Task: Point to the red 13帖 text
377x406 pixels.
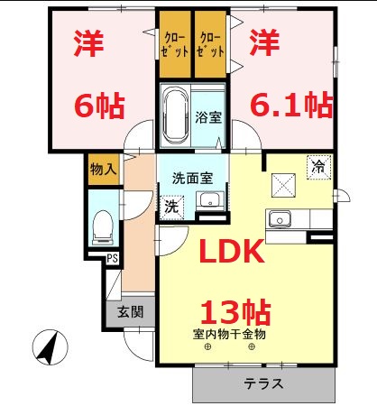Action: (x=233, y=311)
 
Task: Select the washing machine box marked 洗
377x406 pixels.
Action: (x=170, y=206)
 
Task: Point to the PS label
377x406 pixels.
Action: (x=113, y=260)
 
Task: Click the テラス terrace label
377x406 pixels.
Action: (x=263, y=383)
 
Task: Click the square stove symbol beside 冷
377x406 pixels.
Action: (x=285, y=183)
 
